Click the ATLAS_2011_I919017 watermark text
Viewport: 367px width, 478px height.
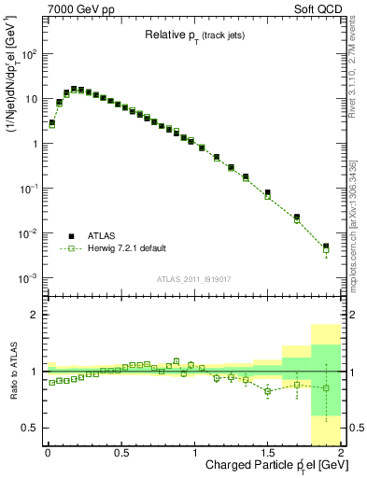(194, 277)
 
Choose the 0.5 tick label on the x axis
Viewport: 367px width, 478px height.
(120, 454)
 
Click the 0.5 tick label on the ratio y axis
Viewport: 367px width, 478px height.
(30, 428)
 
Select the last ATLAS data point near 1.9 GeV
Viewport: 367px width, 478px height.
(326, 246)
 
